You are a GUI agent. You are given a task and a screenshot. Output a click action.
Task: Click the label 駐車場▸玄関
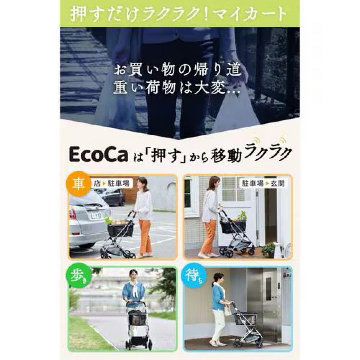[263, 183]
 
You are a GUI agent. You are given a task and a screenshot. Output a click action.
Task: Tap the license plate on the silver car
[97, 216]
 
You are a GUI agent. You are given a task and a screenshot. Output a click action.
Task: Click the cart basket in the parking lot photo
[121, 229]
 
